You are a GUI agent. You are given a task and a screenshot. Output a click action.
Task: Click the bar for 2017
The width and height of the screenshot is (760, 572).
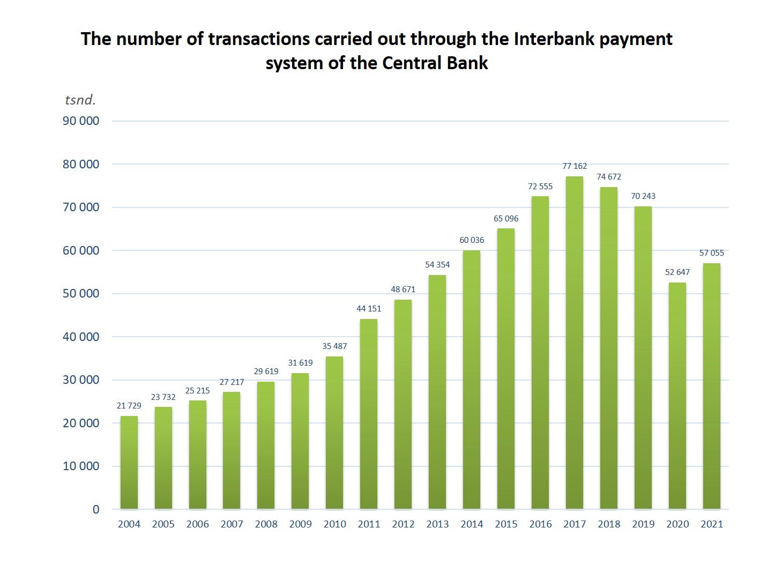575,343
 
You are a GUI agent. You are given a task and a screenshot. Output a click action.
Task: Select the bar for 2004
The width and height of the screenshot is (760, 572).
129,463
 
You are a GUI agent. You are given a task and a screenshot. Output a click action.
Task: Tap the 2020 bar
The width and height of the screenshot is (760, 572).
677,396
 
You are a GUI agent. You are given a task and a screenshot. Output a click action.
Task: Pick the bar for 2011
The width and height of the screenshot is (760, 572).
369,414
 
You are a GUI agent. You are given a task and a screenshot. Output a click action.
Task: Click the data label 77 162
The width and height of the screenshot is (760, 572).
575,166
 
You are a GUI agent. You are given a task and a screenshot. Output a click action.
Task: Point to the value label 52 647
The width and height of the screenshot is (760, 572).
677,272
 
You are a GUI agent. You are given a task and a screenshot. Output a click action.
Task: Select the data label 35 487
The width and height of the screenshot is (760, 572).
334,346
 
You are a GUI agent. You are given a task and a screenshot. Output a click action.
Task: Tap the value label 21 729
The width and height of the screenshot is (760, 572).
129,406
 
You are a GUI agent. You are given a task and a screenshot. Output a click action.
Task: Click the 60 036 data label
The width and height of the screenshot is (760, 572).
472,240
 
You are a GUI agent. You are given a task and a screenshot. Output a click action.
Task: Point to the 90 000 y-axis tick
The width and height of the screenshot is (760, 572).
81,121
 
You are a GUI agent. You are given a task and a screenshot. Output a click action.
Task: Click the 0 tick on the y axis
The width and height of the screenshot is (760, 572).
96,510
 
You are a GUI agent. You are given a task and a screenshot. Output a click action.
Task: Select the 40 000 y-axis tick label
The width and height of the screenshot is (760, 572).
81,337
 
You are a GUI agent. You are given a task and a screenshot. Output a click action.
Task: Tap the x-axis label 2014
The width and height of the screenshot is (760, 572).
472,524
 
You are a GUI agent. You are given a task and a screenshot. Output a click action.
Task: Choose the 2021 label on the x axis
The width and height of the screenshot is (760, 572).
712,524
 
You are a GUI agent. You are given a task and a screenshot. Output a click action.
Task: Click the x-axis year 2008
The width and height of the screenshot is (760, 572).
266,524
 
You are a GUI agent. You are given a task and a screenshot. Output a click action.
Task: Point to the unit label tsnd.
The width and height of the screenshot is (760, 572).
80,100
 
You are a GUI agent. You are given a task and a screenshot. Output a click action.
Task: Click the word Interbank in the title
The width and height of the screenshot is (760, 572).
554,39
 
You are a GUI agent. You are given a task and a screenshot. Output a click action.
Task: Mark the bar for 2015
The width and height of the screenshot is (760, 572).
506,369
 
